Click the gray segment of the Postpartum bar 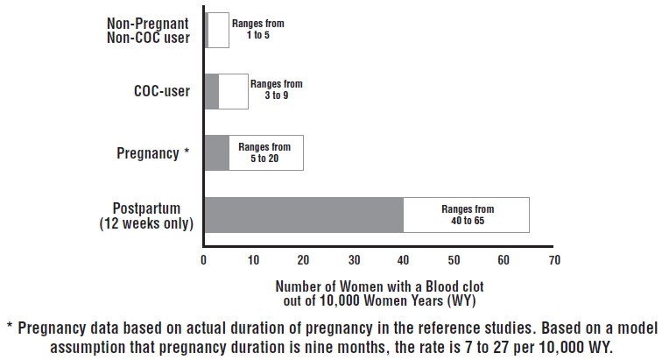(x=303, y=215)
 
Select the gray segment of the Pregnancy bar (x=216, y=152)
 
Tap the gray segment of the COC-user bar (x=211, y=91)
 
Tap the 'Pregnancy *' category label (x=152, y=153)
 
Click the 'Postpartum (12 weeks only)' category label (x=147, y=215)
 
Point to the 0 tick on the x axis (x=204, y=260)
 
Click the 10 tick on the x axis (x=254, y=260)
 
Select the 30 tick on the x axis (x=354, y=260)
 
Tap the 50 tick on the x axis (x=454, y=260)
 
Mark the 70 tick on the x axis (x=553, y=260)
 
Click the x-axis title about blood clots (x=379, y=293)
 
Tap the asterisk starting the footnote (x=9, y=328)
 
